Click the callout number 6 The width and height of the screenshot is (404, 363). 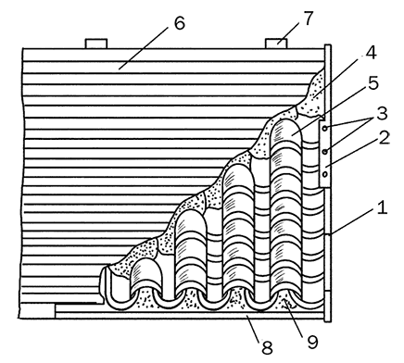180,22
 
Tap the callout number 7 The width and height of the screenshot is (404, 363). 308,19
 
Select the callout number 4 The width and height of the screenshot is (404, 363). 371,53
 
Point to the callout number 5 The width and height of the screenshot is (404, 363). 373,82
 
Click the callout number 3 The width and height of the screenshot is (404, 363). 382,113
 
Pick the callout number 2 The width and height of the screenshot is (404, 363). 384,138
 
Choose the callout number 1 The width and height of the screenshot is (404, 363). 382,207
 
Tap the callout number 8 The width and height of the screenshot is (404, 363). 267,347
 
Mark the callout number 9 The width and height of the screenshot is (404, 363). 312,342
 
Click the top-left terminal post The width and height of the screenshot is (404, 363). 96,44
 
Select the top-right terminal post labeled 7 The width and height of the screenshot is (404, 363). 276,44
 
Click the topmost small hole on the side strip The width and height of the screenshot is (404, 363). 325,128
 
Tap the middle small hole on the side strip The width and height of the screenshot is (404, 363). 325,151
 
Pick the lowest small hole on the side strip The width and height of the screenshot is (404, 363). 325,174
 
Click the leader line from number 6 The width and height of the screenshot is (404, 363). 144,48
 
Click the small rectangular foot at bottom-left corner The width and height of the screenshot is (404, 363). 37,310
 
